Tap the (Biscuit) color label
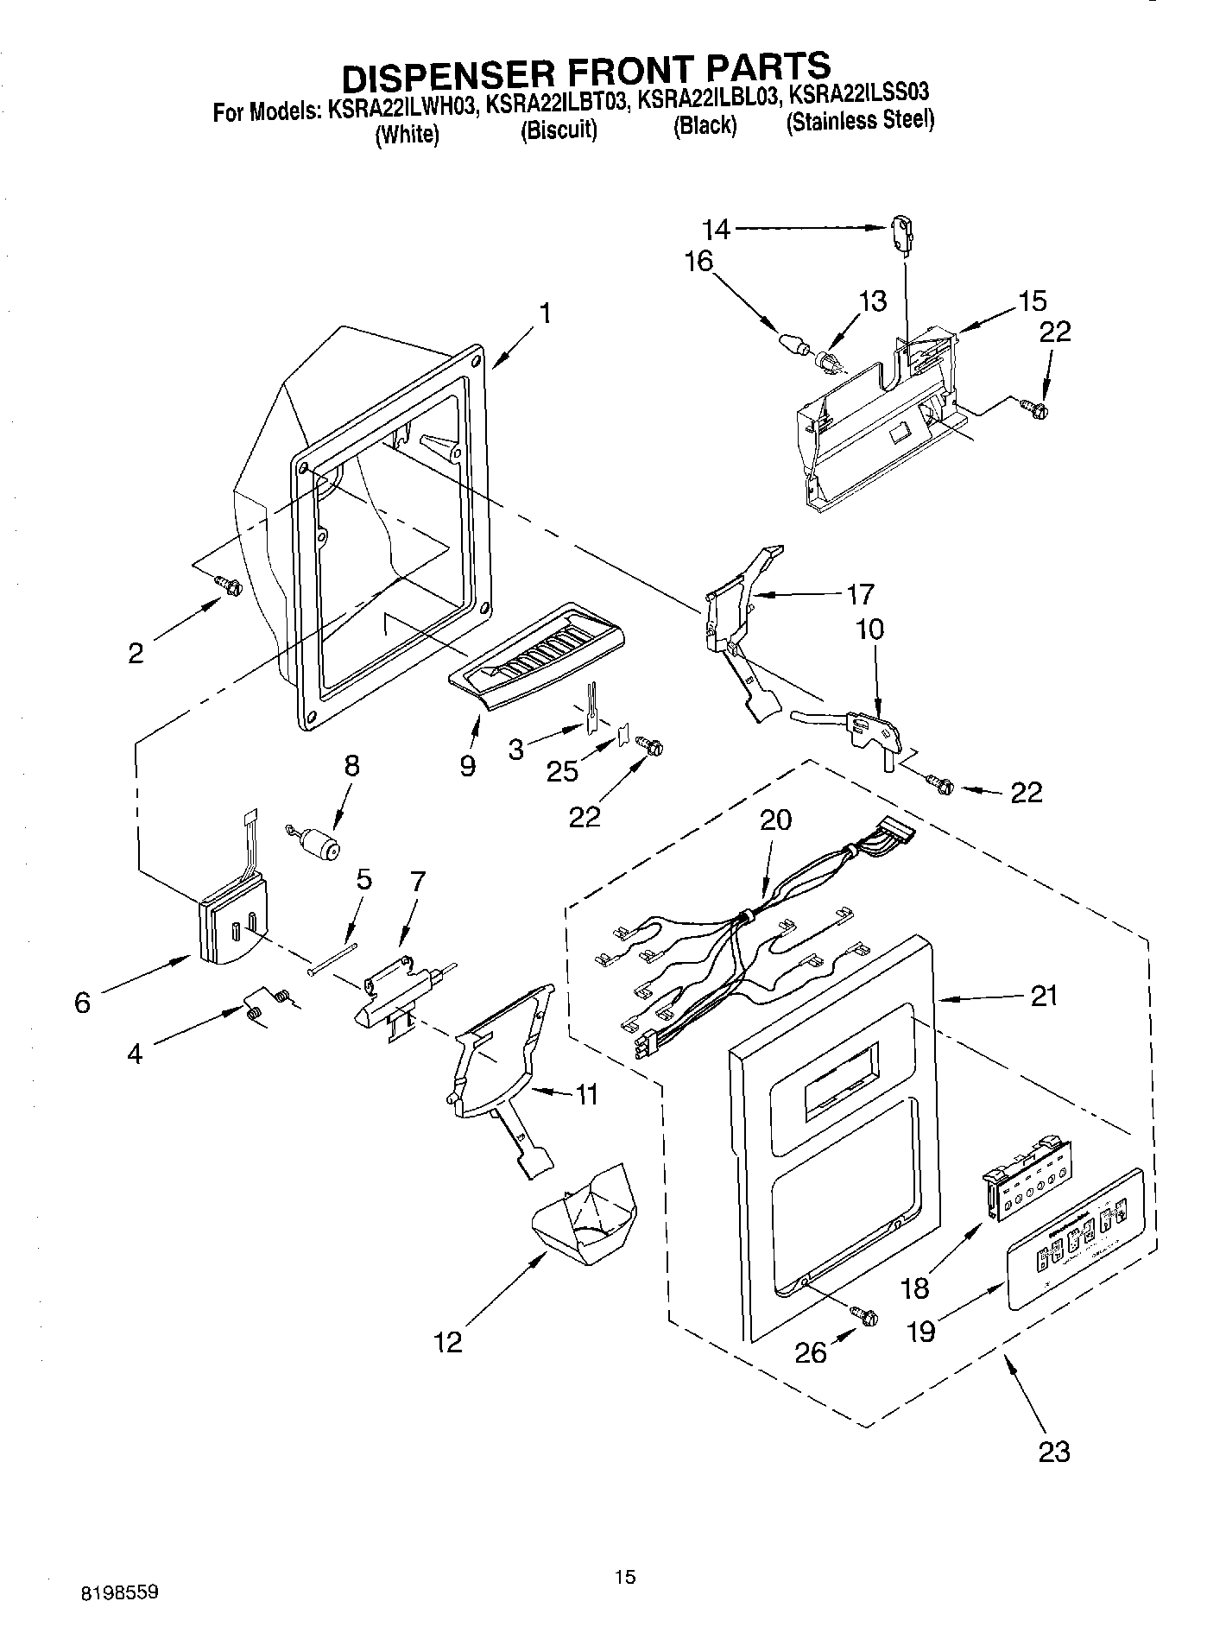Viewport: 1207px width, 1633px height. coord(559,130)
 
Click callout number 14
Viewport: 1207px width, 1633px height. coord(716,230)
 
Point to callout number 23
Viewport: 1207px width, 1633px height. coord(1054,1451)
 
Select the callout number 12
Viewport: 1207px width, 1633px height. coord(448,1341)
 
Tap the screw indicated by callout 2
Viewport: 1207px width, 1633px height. coord(230,585)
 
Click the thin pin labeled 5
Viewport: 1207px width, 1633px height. coord(332,959)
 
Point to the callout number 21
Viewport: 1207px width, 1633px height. coord(1044,997)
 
